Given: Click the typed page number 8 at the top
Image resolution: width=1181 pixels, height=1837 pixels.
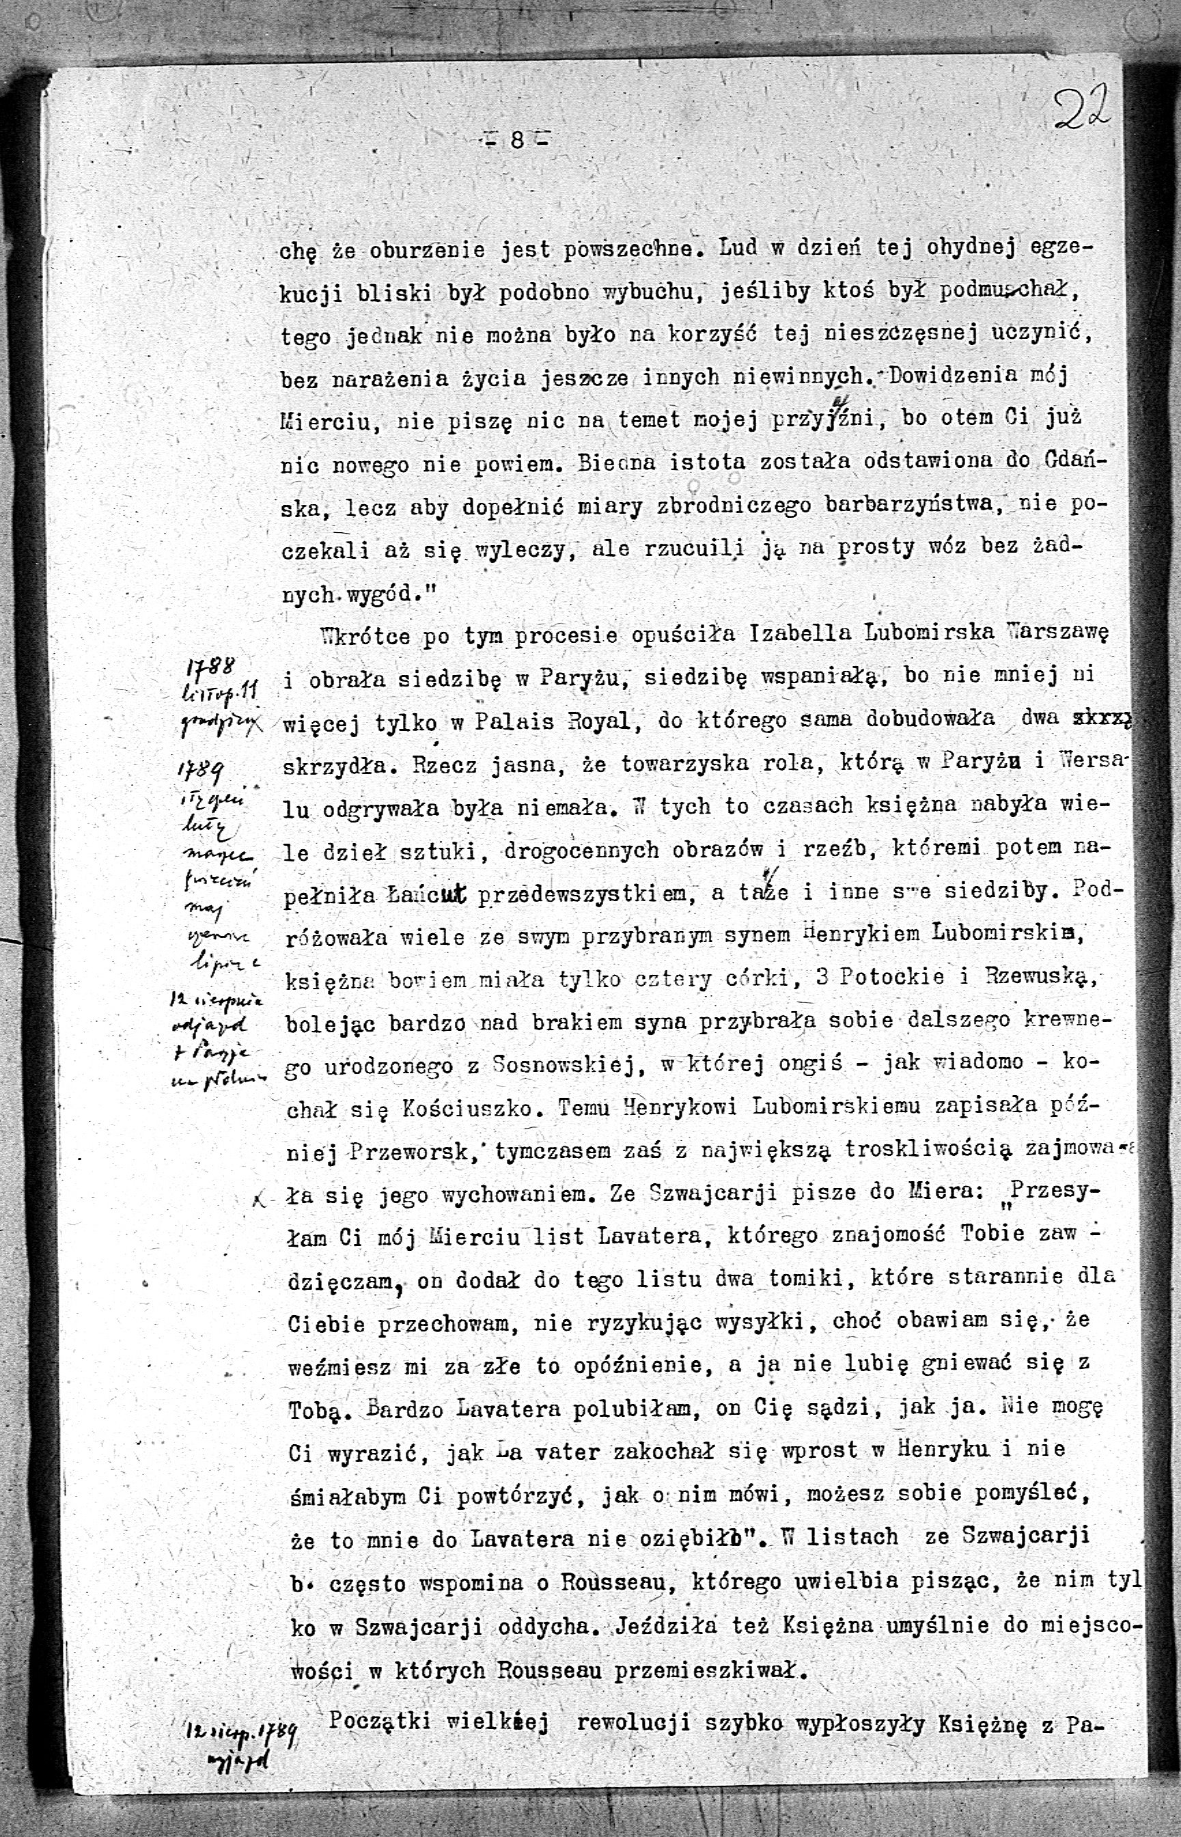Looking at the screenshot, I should click(517, 140).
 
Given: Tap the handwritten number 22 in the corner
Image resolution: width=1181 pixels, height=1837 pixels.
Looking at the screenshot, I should click(1081, 112).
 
